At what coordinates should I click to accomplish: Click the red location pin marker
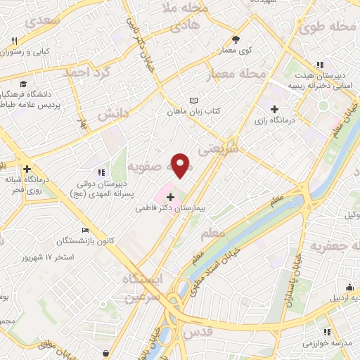pyautogui.click(x=181, y=165)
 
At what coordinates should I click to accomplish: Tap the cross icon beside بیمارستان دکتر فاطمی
pyautogui.click(x=171, y=197)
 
